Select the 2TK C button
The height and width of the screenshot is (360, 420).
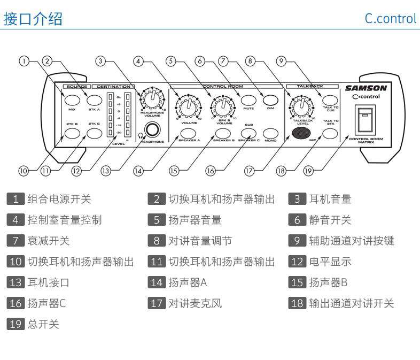94,131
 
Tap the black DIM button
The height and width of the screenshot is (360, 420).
271,99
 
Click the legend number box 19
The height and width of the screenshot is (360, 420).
16,323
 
